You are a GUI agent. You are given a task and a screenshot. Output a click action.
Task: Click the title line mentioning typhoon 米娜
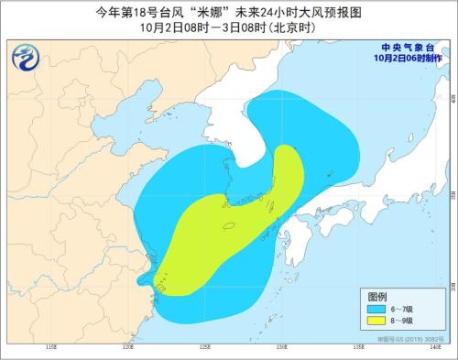click(229, 12)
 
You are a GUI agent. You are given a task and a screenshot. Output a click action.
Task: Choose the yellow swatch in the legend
click(377, 322)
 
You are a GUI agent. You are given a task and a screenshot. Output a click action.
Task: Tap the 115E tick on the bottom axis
click(51, 348)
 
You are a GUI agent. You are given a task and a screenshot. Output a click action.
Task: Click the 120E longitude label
click(128, 348)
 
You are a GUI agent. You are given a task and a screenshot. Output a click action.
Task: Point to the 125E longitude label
click(205, 348)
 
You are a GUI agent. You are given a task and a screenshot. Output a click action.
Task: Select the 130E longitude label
click(281, 348)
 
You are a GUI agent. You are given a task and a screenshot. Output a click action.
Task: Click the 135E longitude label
click(358, 348)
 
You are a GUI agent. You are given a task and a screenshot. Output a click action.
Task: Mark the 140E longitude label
click(433, 348)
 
